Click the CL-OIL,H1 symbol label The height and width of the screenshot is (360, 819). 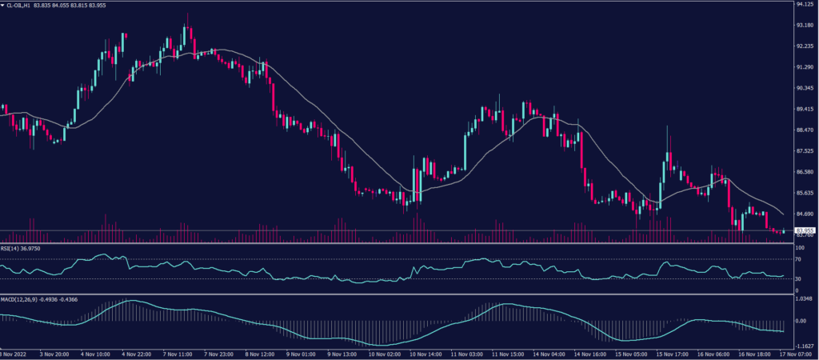pos(24,5)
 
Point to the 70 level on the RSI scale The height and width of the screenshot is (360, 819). pos(799,260)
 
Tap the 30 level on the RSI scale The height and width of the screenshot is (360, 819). pos(799,278)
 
